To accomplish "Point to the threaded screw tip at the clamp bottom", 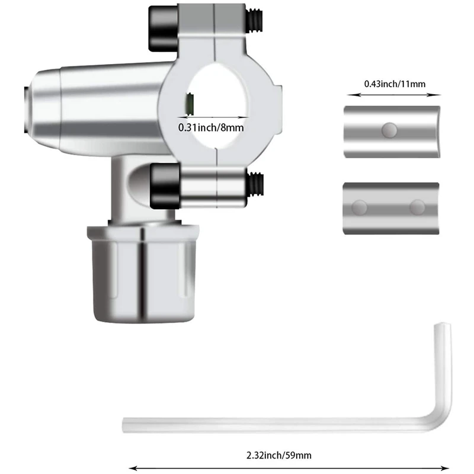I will [255, 184].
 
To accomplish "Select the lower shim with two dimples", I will [392, 209].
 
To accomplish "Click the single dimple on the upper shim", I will [390, 129].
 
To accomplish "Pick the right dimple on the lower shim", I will [417, 207].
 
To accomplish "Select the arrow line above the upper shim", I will [394, 94].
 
